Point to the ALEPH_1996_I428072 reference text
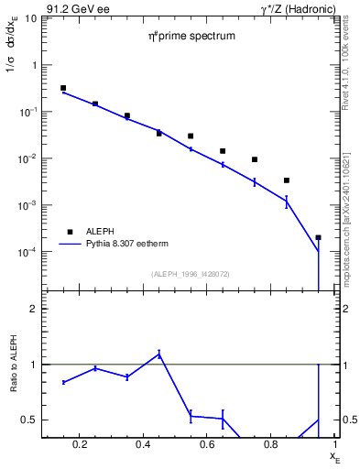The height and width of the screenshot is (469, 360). [x=190, y=273]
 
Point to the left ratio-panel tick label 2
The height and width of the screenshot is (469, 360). [x=34, y=309]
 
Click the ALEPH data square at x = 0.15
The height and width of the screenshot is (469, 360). [x=63, y=88]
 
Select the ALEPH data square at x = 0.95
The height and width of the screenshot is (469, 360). [x=318, y=237]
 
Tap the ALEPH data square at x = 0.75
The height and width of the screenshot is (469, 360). [x=255, y=159]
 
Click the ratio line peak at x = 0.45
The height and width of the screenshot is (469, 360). [x=158, y=354]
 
